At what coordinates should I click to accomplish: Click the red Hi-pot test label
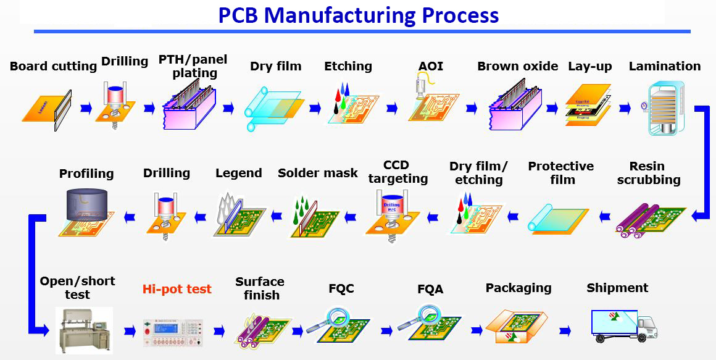pyautogui.click(x=177, y=289)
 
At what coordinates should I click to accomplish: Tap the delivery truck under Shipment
pyautogui.click(x=623, y=325)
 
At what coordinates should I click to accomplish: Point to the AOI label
pyautogui.click(x=430, y=66)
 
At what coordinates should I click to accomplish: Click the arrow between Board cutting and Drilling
pyautogui.click(x=86, y=109)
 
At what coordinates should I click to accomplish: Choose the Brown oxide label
pyautogui.click(x=517, y=66)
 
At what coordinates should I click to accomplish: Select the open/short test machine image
pyautogui.click(x=84, y=329)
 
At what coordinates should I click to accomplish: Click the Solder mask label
pyautogui.click(x=317, y=174)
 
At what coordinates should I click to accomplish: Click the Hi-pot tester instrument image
pyautogui.click(x=177, y=331)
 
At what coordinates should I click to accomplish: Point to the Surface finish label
pyautogui.click(x=260, y=288)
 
